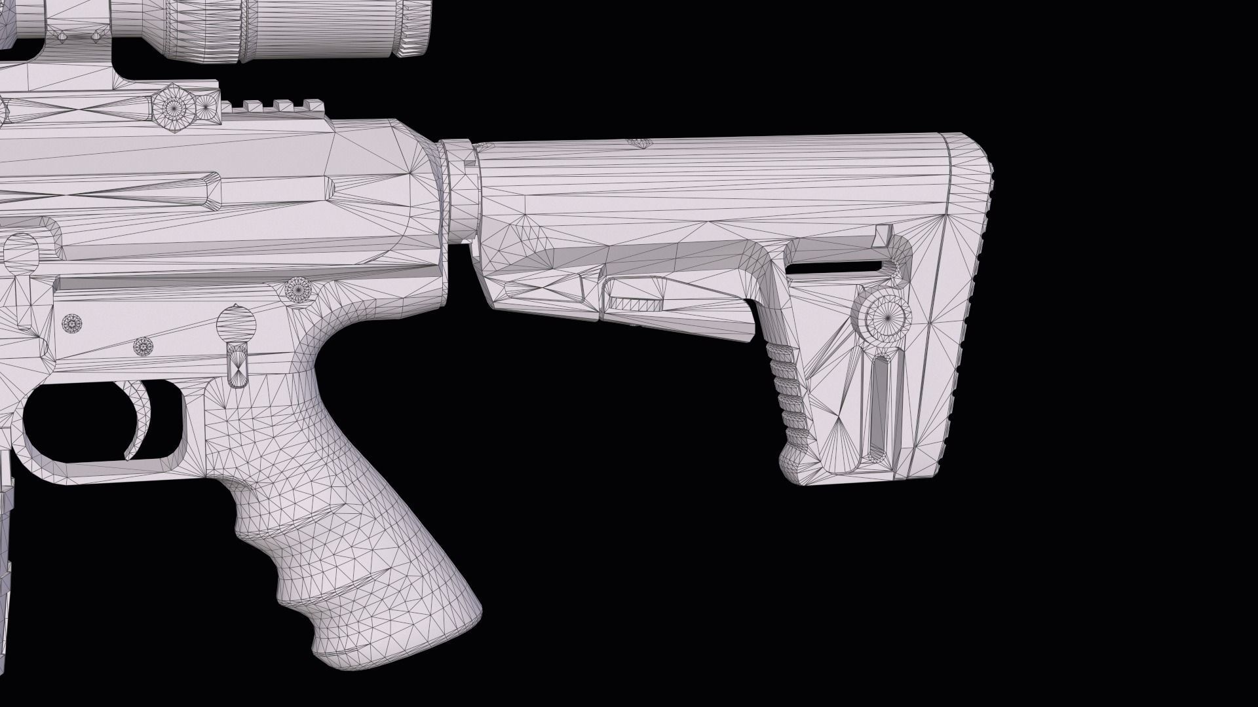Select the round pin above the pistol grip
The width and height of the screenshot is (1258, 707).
(x=298, y=289)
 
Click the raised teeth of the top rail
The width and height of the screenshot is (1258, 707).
(x=275, y=105)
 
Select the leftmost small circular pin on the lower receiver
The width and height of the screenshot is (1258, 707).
(x=71, y=323)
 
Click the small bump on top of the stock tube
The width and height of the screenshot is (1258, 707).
(x=639, y=142)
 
